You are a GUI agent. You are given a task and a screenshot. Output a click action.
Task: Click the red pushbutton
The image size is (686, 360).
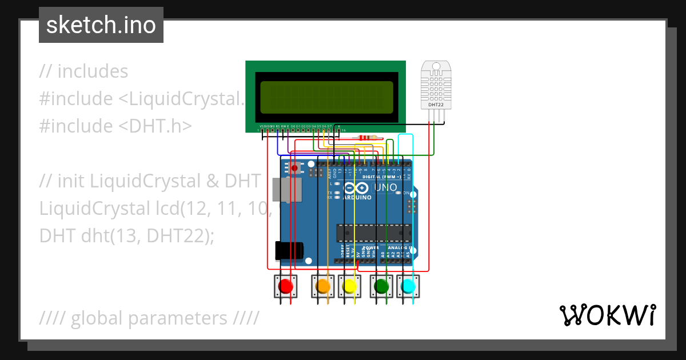(285, 286)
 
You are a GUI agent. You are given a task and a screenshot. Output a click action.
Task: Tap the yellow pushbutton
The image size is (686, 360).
(349, 286)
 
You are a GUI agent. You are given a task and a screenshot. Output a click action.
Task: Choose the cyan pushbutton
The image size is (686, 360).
(408, 286)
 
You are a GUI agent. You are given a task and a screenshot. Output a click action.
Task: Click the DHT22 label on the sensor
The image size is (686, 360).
(436, 105)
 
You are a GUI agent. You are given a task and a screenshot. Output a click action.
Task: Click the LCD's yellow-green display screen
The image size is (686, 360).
(326, 97)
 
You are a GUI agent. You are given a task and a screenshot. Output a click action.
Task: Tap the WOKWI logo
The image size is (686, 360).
(607, 315)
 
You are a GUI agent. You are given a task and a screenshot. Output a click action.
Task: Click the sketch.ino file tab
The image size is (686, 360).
(101, 25)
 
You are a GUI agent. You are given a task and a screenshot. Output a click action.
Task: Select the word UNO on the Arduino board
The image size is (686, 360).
(386, 188)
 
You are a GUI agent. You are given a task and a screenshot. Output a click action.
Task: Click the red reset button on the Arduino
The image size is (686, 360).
(294, 168)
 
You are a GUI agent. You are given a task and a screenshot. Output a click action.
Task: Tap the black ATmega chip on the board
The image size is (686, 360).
(373, 233)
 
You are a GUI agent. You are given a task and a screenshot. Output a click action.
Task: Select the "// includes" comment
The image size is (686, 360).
(84, 71)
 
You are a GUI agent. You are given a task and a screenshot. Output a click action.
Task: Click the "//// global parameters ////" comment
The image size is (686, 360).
(149, 318)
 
